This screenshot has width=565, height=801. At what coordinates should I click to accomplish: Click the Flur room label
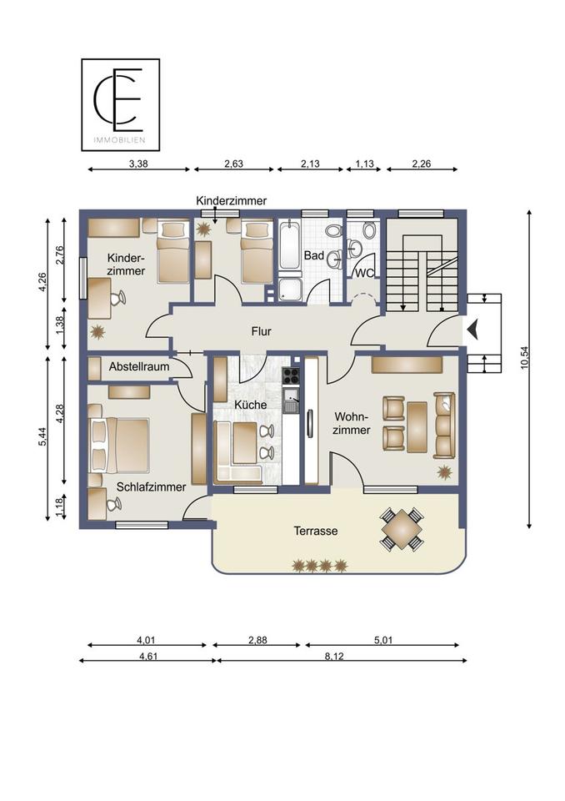(x=261, y=331)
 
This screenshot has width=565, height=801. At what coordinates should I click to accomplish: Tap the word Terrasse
(x=316, y=531)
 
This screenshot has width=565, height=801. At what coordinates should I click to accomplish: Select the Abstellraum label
(x=139, y=367)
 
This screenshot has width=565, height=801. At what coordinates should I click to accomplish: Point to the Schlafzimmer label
(x=151, y=487)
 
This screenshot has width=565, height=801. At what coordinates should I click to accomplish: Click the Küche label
(x=251, y=405)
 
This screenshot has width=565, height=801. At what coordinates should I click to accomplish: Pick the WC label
(x=364, y=274)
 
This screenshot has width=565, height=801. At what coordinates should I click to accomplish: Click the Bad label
(x=314, y=255)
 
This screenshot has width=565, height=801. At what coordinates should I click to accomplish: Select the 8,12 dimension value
(x=334, y=657)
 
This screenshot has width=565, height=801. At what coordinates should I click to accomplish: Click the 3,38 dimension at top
(x=138, y=164)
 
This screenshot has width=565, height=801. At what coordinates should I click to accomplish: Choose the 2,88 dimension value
(x=257, y=640)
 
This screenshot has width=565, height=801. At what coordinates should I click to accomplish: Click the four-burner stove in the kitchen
(x=291, y=375)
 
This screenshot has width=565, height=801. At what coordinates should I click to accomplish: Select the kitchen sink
(x=291, y=400)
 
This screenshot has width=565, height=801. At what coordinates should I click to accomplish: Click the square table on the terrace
(x=402, y=529)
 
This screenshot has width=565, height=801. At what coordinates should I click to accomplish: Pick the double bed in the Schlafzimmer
(x=119, y=446)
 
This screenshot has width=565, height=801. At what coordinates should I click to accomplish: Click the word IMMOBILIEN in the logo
(x=119, y=140)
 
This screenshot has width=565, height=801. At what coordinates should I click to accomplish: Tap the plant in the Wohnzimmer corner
(x=444, y=471)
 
